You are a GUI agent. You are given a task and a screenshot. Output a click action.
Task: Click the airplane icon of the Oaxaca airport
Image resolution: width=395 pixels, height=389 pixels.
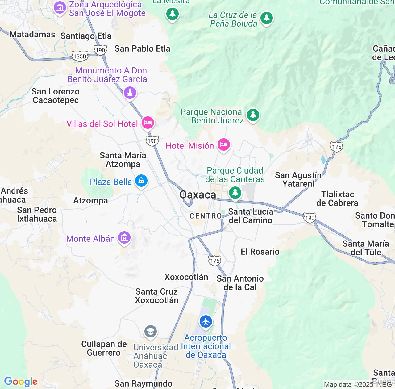tap(206, 321)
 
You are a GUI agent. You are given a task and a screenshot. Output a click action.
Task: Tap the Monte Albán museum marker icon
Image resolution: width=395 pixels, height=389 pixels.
tap(124, 238)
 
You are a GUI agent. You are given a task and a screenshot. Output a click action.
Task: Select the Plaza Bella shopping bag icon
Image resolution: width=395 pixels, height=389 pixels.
tap(141, 181)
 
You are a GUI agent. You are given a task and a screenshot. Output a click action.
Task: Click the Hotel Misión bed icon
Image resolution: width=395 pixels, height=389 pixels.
tap(224, 145)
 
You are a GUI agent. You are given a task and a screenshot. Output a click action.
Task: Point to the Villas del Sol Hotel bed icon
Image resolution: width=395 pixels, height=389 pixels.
tap(148, 123)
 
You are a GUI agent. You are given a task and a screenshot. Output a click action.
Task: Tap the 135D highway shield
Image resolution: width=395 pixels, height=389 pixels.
tap(80, 56)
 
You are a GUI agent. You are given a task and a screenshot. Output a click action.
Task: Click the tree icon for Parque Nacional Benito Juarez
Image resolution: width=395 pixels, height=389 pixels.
tap(253, 115)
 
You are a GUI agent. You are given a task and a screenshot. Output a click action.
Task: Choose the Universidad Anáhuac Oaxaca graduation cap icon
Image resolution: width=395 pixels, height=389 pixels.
tap(151, 332)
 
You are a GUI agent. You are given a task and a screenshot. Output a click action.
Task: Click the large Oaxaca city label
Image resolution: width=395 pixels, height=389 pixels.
tap(198, 195)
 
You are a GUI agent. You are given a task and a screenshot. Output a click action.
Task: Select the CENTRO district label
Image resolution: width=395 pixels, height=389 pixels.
tap(206, 216)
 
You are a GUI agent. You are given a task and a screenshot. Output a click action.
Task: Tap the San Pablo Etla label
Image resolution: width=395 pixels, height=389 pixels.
tap(142, 48)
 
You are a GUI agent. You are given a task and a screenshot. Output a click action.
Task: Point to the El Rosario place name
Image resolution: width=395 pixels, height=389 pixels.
tap(260, 252)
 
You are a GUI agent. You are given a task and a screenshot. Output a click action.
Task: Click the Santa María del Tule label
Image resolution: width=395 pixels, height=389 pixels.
tap(366, 248)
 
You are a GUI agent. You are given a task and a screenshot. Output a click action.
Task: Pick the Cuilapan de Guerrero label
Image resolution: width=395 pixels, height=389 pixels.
tap(104, 348)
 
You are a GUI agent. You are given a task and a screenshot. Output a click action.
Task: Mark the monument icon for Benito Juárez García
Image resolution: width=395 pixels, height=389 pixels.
tap(130, 92)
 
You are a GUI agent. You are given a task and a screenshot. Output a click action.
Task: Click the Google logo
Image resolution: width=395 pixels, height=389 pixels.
tap(21, 382)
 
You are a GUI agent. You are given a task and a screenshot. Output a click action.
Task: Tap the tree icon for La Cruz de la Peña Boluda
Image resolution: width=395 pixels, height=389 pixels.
tap(266, 18)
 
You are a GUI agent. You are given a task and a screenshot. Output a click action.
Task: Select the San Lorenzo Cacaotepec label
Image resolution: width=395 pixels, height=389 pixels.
tap(56, 96)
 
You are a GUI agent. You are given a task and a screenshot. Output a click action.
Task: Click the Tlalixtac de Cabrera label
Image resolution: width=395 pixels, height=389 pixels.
tap(338, 199)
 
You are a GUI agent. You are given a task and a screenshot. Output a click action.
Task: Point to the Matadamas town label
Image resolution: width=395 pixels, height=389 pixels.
tap(32, 34)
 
